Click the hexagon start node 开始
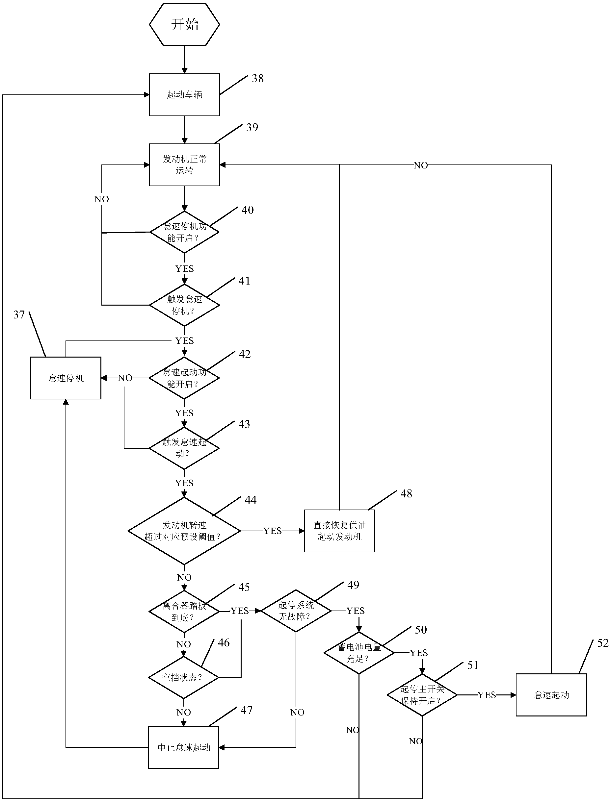pyautogui.click(x=184, y=25)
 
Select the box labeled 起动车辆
pyautogui.click(x=184, y=95)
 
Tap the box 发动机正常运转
pyautogui.click(x=184, y=165)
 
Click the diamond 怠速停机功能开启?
pyautogui.click(x=184, y=232)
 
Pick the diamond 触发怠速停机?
pyautogui.click(x=184, y=305)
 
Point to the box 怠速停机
pyautogui.click(x=66, y=378)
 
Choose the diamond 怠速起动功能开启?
pyautogui.click(x=184, y=378)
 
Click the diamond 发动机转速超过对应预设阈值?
pyautogui.click(x=184, y=531)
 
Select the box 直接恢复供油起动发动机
pyautogui.click(x=339, y=531)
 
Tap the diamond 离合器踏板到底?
pyautogui.click(x=184, y=611)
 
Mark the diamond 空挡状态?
pyautogui.click(x=184, y=677)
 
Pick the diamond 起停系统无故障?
pyautogui.click(x=296, y=611)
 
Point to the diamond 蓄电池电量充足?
pyautogui.click(x=359, y=653)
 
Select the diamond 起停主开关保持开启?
pyautogui.click(x=422, y=695)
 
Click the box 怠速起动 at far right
pyautogui.click(x=551, y=695)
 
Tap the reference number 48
pyautogui.click(x=406, y=494)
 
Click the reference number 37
pyautogui.click(x=19, y=314)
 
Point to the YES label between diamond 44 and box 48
pyautogui.click(x=272, y=531)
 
